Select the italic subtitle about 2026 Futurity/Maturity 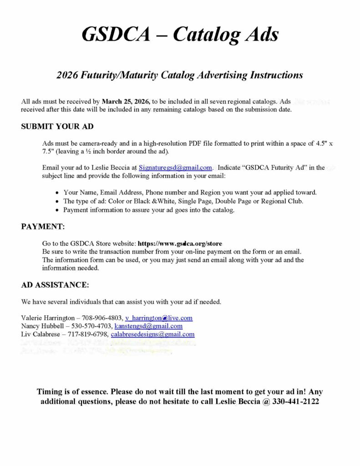(180, 75)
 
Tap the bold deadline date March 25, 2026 (126, 101)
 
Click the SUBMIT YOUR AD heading (57, 127)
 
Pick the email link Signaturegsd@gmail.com (175, 167)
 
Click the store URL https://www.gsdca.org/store (180, 243)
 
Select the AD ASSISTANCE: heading (55, 285)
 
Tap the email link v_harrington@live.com (159, 318)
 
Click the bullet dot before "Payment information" (57, 210)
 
